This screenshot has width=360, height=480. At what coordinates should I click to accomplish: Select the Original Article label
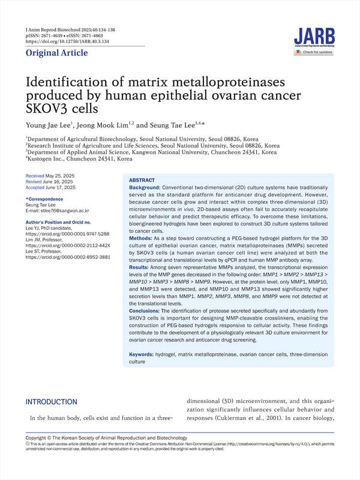(x=56, y=53)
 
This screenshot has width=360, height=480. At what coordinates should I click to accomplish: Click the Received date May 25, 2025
(x=62, y=175)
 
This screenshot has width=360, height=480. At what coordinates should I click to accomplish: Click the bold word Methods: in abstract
(x=143, y=238)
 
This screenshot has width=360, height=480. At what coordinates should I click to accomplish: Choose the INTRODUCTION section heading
(x=51, y=402)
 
